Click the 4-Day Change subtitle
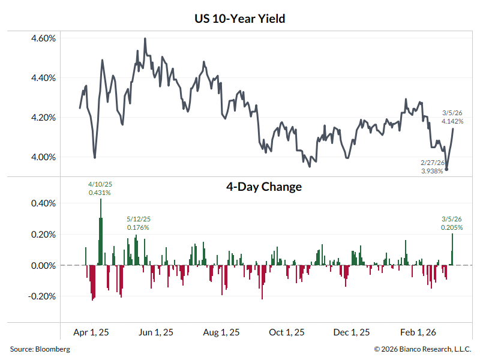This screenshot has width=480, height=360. coord(263,187)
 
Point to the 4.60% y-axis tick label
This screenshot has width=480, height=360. coord(43,38)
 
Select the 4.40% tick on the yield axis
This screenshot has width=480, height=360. coord(43,78)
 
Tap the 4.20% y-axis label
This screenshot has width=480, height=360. coord(43,118)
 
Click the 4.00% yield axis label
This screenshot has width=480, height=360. coord(43,157)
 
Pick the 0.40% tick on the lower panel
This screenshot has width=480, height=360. coord(43,203)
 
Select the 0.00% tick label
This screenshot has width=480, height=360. coord(43,265)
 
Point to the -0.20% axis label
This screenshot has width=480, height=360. coord(42,296)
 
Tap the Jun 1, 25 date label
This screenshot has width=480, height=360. coord(156,332)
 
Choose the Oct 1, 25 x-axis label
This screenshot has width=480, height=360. coord(286,332)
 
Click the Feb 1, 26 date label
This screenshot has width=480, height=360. coord(417,332)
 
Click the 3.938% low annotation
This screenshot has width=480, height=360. coord(432,171)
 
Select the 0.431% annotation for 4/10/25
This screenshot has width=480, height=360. coord(100,193)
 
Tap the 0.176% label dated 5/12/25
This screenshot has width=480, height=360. coord(138,227)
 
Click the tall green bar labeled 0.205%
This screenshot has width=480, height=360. coord(452,249)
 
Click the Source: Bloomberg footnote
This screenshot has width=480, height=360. coord(40,349)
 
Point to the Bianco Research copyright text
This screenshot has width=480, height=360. coord(423,349)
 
